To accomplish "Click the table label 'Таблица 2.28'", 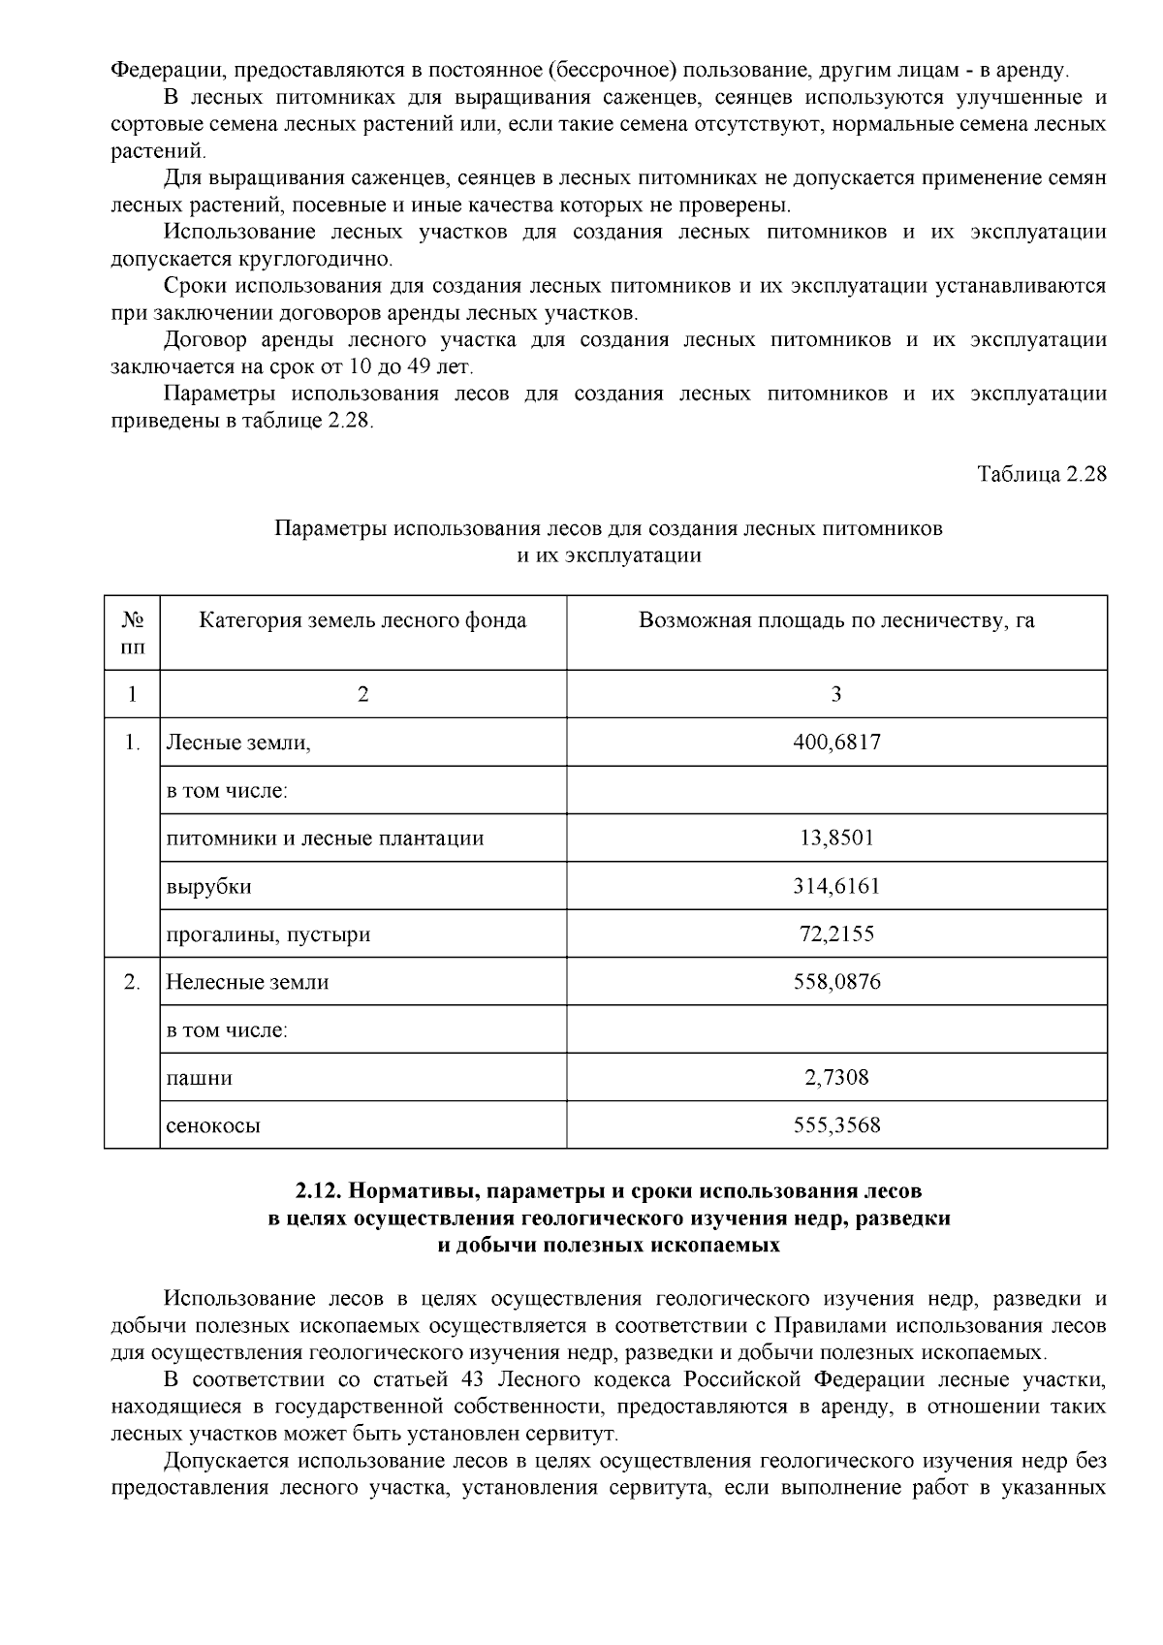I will pos(1042,475).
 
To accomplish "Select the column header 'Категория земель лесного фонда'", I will pos(362,620).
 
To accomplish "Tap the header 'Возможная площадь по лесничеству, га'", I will pos(836,620).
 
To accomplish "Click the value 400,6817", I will pos(836,743).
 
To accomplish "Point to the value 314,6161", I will pos(836,886).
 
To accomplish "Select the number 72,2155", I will pos(836,934).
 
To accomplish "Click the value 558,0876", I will pos(836,982).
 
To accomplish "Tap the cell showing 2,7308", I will pos(836,1078).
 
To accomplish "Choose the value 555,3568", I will pos(836,1125).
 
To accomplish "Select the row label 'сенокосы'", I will pos(213,1126).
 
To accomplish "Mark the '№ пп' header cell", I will pos(133,632).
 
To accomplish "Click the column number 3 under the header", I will pos(836,694).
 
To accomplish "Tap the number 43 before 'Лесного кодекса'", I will pos(464,1379).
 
